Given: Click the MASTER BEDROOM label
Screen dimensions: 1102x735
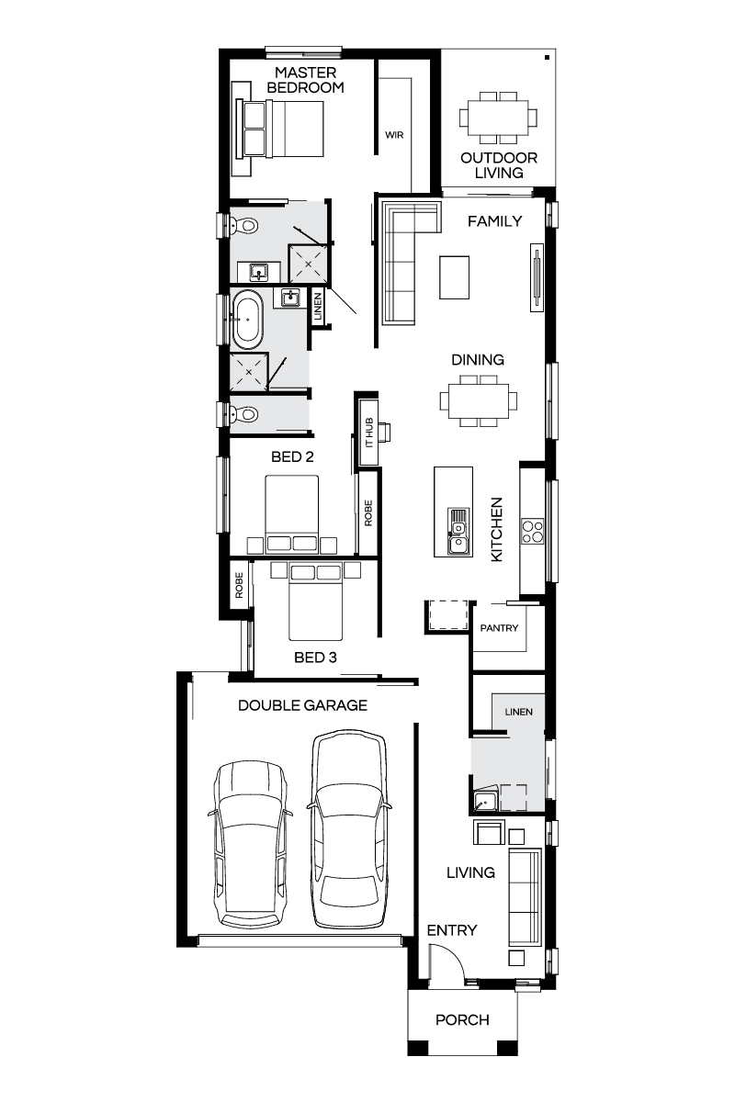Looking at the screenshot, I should click(x=307, y=80).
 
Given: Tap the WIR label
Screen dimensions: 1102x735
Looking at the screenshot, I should click(x=394, y=135).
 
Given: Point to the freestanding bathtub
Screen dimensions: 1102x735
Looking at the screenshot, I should click(x=245, y=320).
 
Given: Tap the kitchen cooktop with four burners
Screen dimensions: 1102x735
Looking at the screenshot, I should click(x=533, y=532).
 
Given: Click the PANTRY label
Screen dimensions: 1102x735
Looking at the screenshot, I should click(x=500, y=628).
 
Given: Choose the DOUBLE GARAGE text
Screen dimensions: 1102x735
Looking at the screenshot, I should click(x=302, y=705).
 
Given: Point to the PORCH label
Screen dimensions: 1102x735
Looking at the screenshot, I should click(x=462, y=1019).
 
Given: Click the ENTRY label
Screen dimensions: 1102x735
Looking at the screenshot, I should click(x=452, y=930).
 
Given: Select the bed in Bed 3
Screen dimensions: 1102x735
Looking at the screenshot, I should click(x=315, y=602).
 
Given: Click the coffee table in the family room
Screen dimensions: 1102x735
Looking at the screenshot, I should click(x=455, y=277).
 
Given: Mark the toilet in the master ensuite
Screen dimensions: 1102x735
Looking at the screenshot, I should click(x=242, y=225).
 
